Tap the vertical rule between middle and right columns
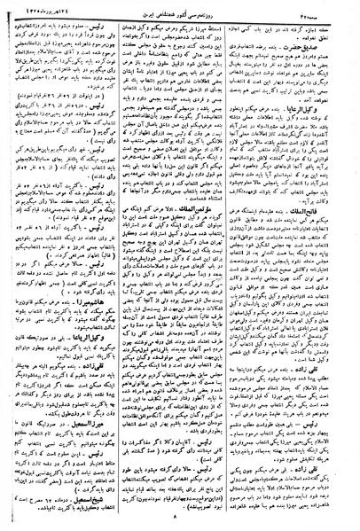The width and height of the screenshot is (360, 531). click(242, 266)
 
